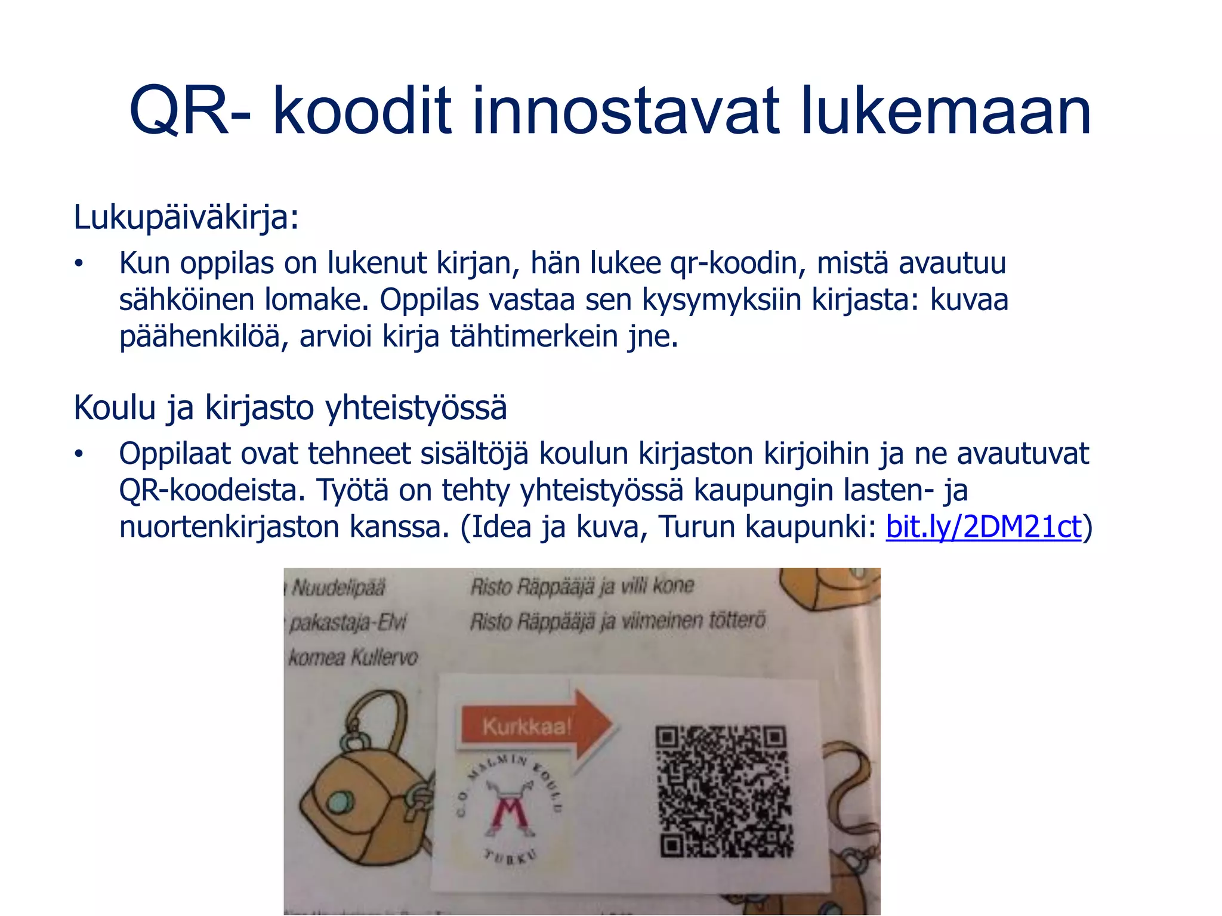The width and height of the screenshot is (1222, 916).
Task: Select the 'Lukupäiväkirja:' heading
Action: pyautogui.click(x=186, y=217)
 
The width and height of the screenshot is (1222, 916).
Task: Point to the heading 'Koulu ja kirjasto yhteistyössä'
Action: pyautogui.click(x=290, y=409)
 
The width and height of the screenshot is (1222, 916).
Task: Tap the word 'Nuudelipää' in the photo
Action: pyautogui.click(x=338, y=589)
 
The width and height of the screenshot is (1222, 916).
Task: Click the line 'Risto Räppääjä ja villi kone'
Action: pyautogui.click(x=582, y=587)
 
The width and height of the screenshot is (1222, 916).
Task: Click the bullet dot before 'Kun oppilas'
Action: pyautogui.click(x=78, y=264)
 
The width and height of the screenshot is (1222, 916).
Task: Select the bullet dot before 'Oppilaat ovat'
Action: pyautogui.click(x=78, y=454)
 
